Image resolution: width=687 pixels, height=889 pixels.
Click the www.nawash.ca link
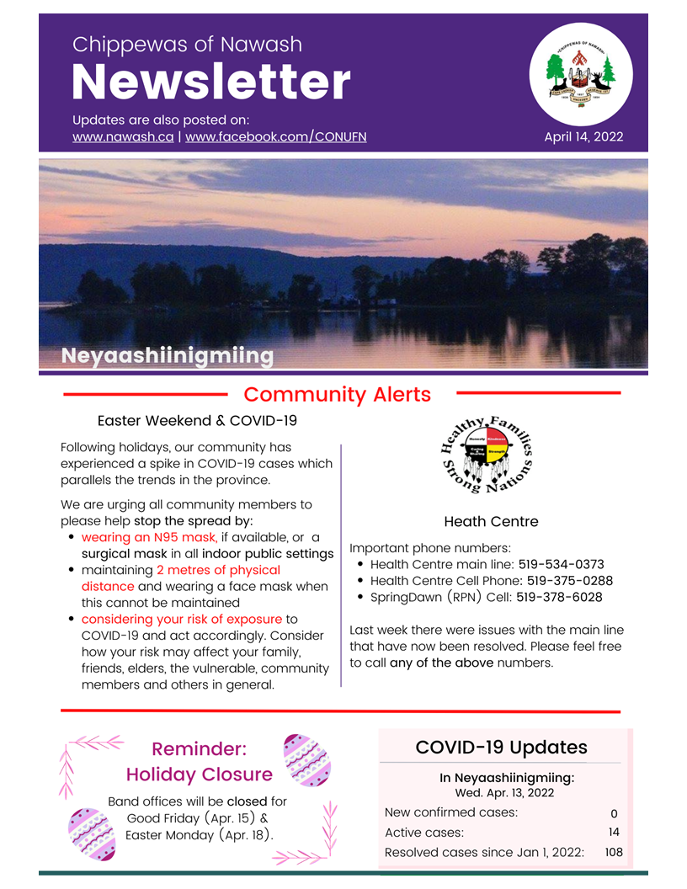[x=122, y=136]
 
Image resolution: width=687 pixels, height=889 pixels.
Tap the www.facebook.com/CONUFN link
[x=275, y=136]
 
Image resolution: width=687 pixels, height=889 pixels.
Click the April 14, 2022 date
[x=583, y=136]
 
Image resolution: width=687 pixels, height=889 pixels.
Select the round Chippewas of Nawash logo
[x=581, y=74]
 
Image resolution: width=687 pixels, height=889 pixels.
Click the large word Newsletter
[x=210, y=83]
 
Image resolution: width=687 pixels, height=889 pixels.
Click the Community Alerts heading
[x=337, y=394]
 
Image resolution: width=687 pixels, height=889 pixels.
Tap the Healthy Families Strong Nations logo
[x=487, y=455]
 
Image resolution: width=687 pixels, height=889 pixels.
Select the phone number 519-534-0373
[x=561, y=565]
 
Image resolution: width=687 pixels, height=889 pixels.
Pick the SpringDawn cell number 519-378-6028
[x=559, y=597]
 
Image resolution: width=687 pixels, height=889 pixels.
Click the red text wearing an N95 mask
[x=149, y=537]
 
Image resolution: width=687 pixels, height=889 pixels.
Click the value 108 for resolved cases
[x=614, y=852]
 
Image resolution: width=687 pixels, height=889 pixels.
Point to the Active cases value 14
[x=614, y=833]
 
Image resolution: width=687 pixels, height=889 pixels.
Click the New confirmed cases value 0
[x=614, y=813]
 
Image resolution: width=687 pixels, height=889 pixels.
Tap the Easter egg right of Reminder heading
[x=306, y=759]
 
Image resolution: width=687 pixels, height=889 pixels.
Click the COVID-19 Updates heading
[x=501, y=748]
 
